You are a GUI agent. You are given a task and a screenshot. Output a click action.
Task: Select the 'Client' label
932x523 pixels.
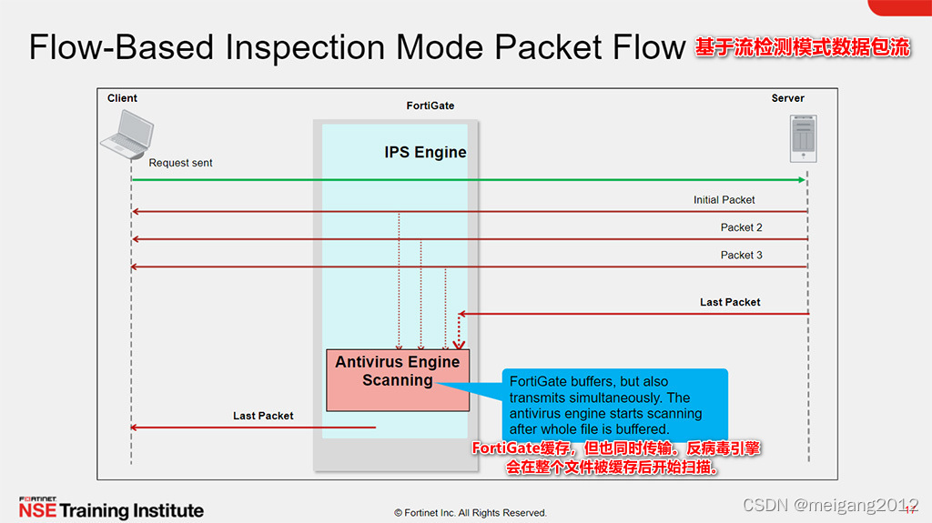tap(122, 98)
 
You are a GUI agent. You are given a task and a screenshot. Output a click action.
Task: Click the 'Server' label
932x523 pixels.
tap(788, 98)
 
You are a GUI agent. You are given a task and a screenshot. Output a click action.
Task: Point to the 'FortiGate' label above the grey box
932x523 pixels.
tap(430, 106)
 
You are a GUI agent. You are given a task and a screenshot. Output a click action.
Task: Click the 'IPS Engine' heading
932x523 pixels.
tap(425, 153)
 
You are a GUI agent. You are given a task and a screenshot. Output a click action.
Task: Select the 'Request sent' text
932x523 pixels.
tap(180, 163)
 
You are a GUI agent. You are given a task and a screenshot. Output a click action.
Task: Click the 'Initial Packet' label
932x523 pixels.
tap(724, 200)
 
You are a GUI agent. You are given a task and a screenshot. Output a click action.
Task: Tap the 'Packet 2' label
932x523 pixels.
tap(742, 227)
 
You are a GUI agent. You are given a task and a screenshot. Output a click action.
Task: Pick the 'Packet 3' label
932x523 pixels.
tap(742, 255)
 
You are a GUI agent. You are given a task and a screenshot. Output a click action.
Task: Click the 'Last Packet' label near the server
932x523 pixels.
tap(730, 302)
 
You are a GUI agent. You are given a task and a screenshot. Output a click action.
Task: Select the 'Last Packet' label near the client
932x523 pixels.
tap(263, 416)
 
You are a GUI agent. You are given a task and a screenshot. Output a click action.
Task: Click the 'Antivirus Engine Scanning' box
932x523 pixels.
tap(397, 379)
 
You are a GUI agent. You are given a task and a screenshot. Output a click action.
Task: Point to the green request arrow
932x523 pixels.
tap(455, 180)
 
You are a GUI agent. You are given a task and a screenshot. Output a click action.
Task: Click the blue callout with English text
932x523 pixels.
tap(614, 406)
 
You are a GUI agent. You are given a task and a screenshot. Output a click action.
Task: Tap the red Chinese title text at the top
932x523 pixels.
tap(803, 48)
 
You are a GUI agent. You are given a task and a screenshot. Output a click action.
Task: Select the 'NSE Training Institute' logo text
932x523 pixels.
tap(111, 509)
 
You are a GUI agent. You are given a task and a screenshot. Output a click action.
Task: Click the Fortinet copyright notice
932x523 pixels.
tap(471, 513)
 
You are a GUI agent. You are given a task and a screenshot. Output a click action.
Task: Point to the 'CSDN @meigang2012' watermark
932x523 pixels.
tap(830, 505)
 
